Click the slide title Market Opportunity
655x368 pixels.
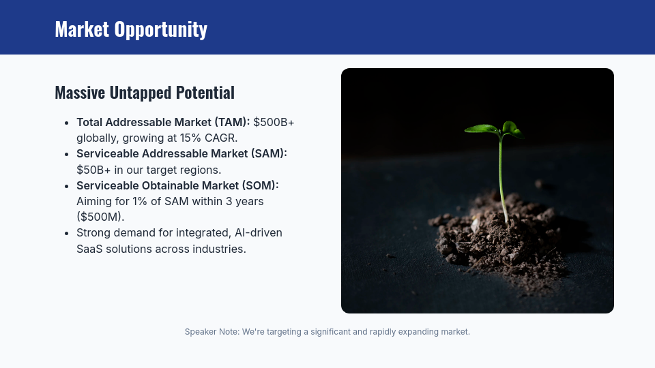[130, 29]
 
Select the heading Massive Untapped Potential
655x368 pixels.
[144, 93]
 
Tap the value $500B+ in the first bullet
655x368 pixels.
[274, 123]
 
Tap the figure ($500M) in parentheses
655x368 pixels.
[100, 217]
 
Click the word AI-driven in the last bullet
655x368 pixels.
[258, 233]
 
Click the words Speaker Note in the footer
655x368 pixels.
[211, 332]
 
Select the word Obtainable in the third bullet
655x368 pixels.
[171, 185]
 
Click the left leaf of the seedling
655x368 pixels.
[481, 128]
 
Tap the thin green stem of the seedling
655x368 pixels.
[501, 177]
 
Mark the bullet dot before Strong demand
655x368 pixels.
[66, 233]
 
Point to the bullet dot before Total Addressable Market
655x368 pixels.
[66, 123]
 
